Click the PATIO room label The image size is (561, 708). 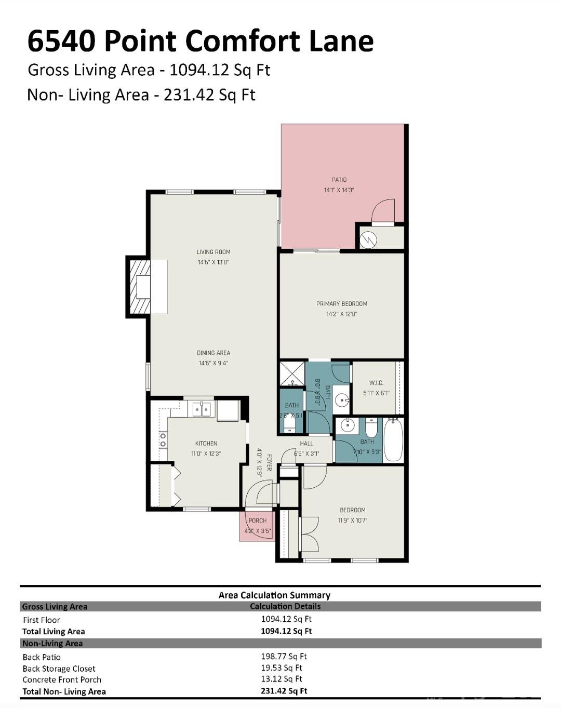click(x=339, y=180)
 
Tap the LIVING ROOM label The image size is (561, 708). click(x=213, y=252)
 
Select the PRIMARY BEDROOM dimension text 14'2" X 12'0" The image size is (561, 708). click(x=341, y=314)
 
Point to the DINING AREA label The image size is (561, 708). click(x=213, y=353)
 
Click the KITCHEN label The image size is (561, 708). click(x=206, y=443)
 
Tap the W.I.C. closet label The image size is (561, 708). click(x=376, y=383)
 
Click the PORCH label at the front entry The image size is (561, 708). click(x=257, y=520)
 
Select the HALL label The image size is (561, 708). click(x=306, y=443)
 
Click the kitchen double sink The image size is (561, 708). click(x=202, y=409)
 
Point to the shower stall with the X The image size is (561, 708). click(x=292, y=374)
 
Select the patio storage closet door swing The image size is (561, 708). click(x=384, y=212)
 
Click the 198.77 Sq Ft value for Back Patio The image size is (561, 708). click(x=284, y=656)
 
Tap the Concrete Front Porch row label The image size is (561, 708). click(x=62, y=679)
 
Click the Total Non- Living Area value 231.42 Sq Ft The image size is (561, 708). click(x=284, y=691)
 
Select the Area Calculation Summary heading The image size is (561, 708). click(x=274, y=595)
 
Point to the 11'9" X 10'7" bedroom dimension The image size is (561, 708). click(x=352, y=520)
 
